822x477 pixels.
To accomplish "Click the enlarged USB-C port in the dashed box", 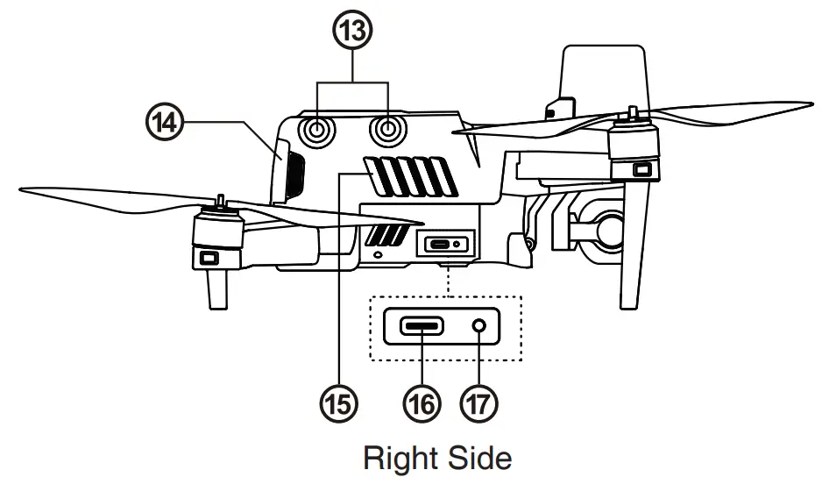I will pos(422,326).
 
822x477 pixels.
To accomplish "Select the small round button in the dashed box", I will pos(479,326).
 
